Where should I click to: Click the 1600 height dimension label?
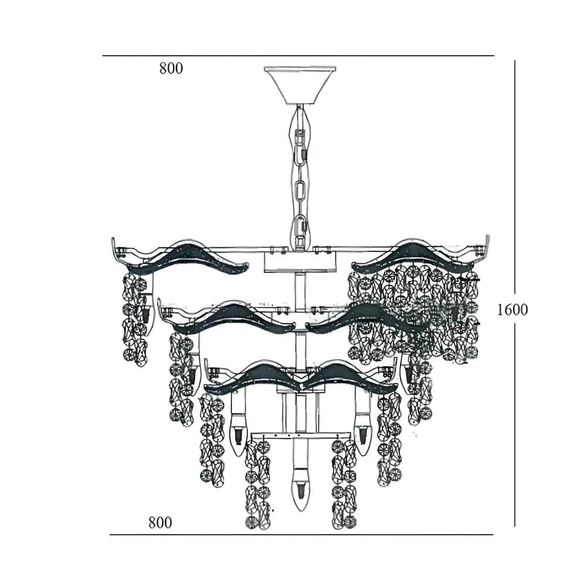tap(512, 309)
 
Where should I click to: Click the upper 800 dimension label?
tap(171, 69)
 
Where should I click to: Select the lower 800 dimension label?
tap(160, 522)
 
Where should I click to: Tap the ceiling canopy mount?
tap(299, 85)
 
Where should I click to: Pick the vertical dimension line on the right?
tap(515, 294)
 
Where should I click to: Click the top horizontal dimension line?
tap(298, 56)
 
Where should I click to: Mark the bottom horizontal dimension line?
tap(301, 534)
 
